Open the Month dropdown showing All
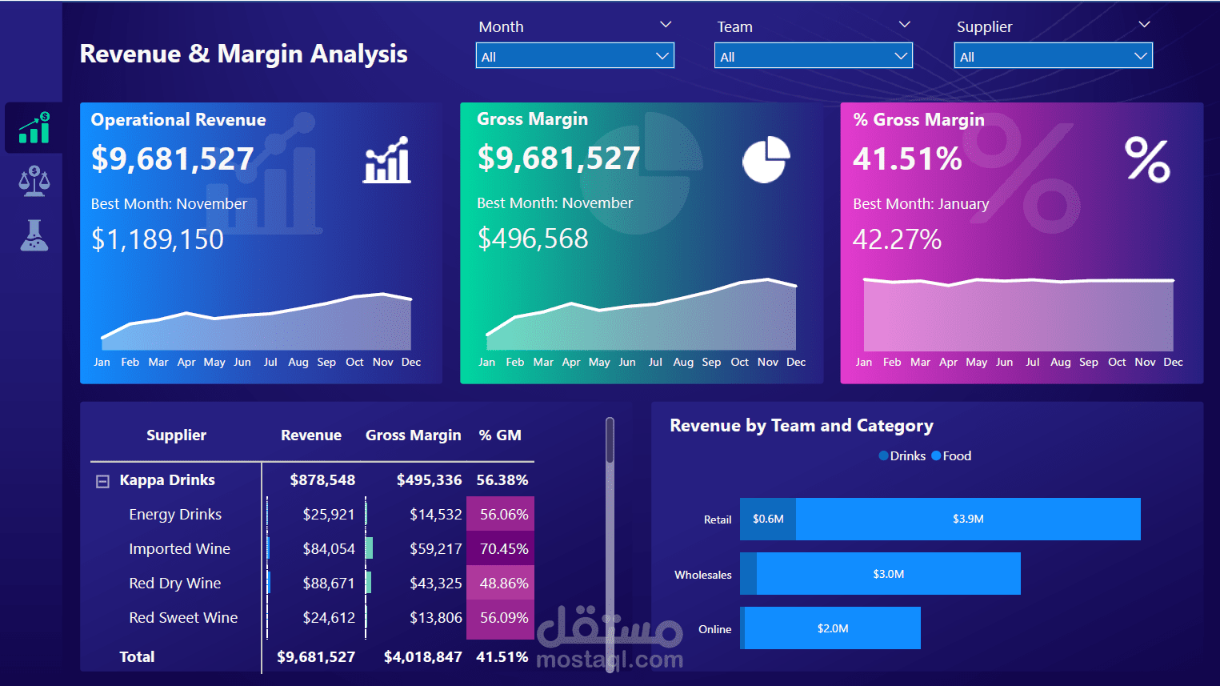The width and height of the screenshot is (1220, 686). click(x=574, y=56)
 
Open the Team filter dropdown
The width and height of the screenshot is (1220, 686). click(x=813, y=56)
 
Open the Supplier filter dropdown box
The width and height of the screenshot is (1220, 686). click(x=1053, y=56)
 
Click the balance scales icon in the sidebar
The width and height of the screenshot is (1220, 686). click(x=34, y=182)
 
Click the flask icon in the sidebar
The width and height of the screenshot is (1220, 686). click(x=34, y=235)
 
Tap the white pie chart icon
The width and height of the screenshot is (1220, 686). click(x=766, y=159)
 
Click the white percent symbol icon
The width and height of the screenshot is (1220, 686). click(x=1147, y=159)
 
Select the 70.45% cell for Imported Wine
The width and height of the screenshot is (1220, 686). click(x=503, y=549)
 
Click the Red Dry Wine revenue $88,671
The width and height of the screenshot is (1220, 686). click(x=328, y=584)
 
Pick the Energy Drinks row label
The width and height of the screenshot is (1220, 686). click(x=175, y=515)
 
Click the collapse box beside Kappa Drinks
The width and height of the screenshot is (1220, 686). click(x=102, y=481)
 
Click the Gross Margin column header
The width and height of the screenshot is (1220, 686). click(x=413, y=435)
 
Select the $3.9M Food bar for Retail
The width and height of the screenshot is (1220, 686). click(x=968, y=520)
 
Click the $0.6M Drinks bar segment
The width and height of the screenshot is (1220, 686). click(x=768, y=520)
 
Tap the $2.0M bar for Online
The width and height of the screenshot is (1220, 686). click(x=833, y=628)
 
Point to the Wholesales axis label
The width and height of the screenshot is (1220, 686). click(x=702, y=575)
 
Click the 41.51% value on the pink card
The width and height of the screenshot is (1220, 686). click(x=907, y=159)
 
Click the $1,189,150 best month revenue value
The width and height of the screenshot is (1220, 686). click(x=158, y=239)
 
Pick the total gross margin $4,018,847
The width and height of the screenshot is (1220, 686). click(x=422, y=657)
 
